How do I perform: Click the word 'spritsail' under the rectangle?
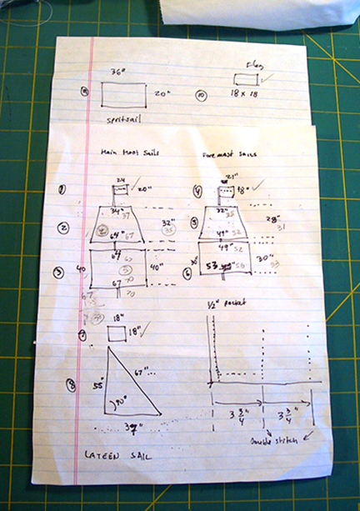123,118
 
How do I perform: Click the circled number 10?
200,96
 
